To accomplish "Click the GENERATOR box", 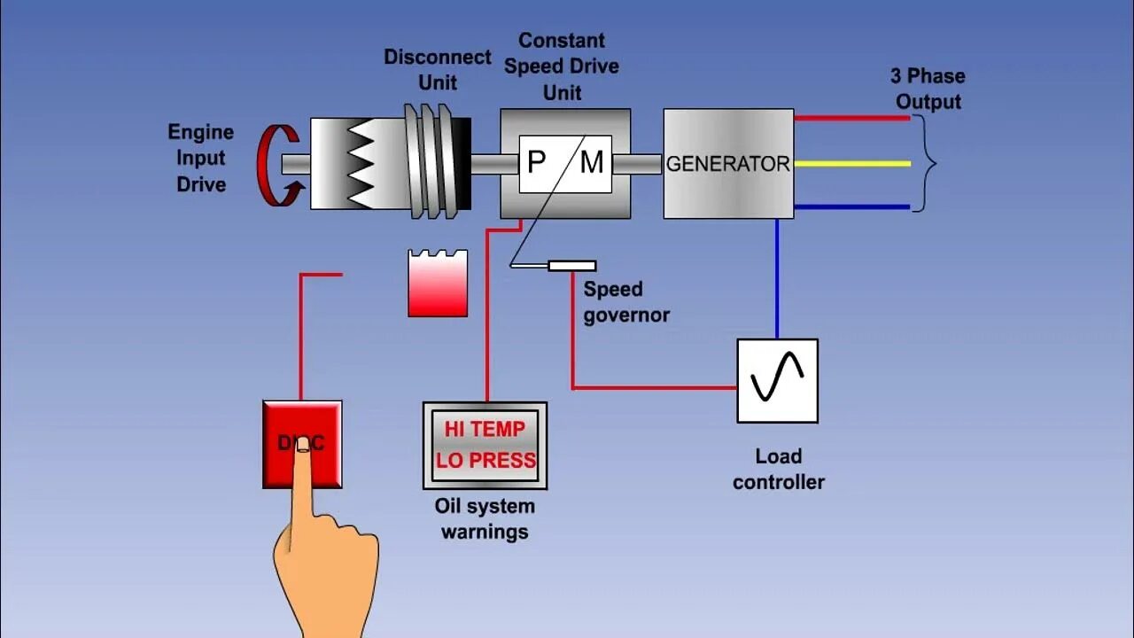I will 728,164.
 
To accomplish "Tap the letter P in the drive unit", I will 536,163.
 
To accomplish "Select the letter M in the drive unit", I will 591,163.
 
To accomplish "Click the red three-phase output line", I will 851,118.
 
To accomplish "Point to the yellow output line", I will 851,163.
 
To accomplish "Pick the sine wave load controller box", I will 777,380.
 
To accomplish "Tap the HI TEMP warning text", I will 485,430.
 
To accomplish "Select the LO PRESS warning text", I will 485,461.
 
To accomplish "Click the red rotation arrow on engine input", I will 276,166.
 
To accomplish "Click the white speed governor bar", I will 571,266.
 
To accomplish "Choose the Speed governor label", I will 625,302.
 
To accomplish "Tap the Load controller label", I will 779,470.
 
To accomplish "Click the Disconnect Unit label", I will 438,70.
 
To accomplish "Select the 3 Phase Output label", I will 928,89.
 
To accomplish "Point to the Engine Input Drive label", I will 201,159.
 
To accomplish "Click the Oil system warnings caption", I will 485,519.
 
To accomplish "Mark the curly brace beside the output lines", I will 925,164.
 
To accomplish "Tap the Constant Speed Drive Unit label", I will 562,66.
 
